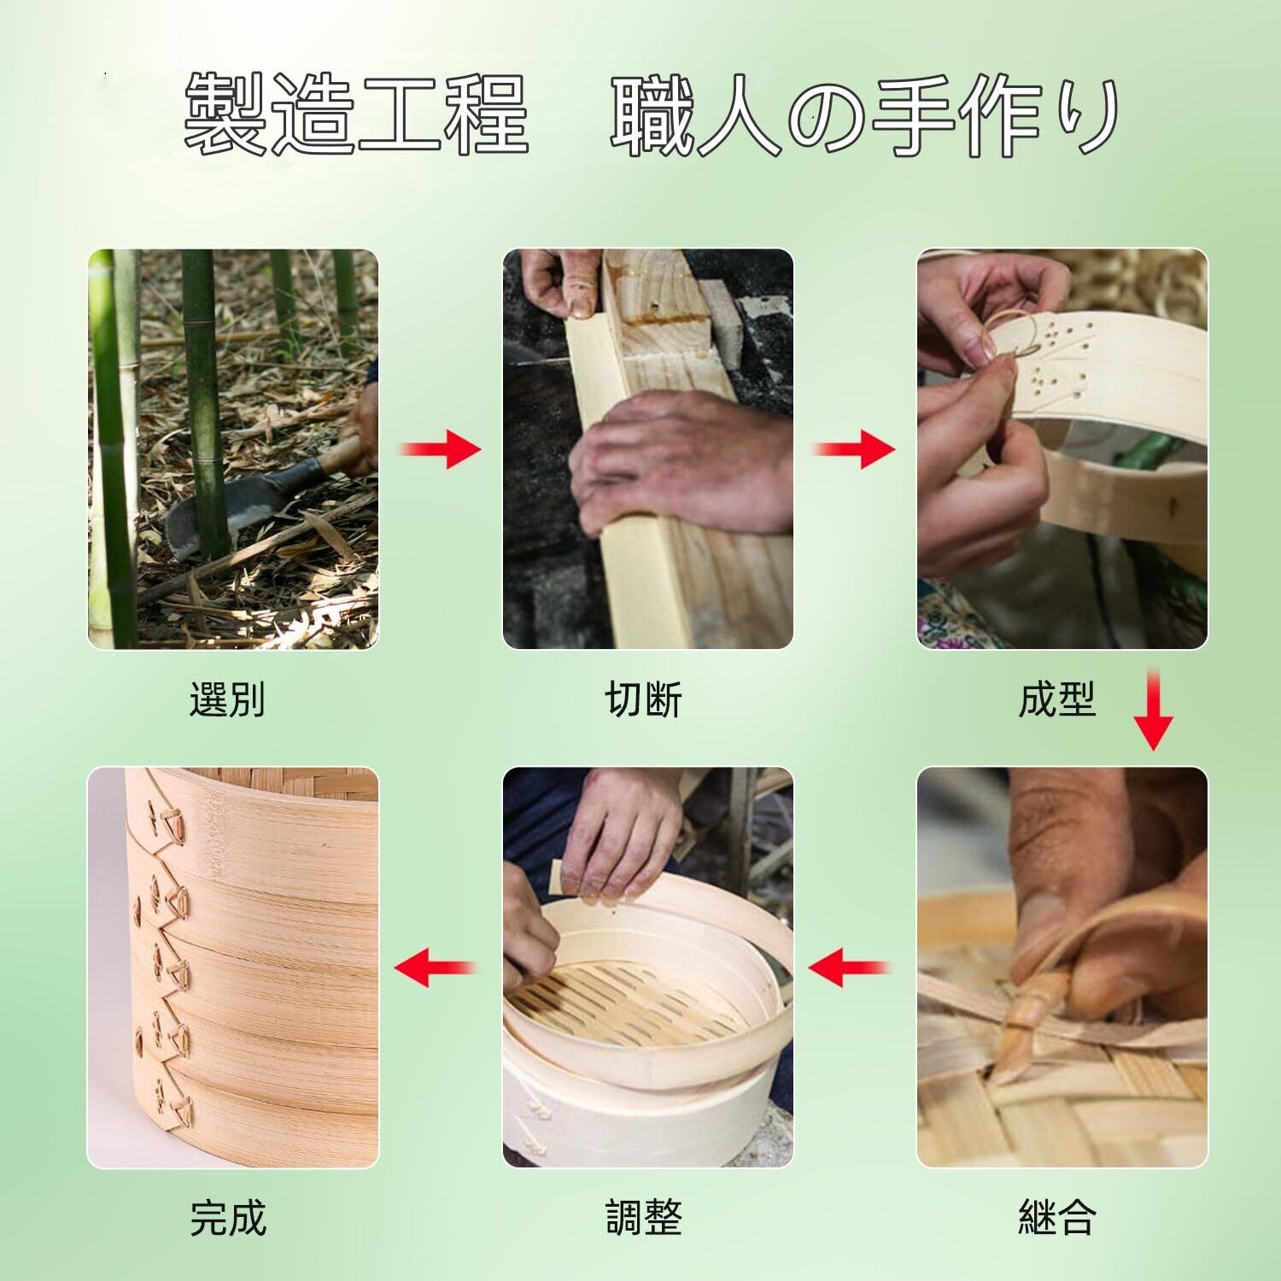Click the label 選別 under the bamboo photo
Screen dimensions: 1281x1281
[x=226, y=700]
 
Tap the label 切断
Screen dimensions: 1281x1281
[x=644, y=700]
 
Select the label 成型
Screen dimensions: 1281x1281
[x=1056, y=700]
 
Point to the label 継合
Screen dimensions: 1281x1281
[x=1057, y=1216]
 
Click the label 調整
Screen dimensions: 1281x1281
[x=644, y=1216]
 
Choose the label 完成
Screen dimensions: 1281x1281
[x=228, y=1216]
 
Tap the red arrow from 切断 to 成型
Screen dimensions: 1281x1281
[x=854, y=449]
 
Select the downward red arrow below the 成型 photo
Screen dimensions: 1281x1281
[x=1153, y=711]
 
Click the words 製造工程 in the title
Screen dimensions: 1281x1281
[x=357, y=115]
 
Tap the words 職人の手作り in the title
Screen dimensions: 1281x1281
[x=865, y=115]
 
